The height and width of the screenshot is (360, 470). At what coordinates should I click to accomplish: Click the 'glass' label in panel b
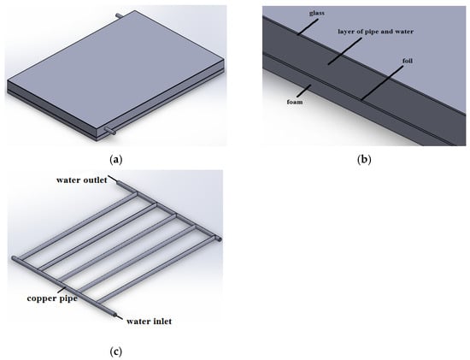(316, 13)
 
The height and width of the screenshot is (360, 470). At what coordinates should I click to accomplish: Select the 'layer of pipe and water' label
(376, 32)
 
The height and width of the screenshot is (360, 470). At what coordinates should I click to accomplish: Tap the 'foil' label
(408, 61)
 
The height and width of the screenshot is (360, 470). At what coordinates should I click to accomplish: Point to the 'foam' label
(295, 102)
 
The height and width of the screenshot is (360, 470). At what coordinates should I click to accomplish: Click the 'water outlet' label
(82, 180)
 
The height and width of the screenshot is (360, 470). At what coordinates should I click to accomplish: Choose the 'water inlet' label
(149, 322)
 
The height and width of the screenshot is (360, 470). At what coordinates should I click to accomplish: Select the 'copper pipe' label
(52, 298)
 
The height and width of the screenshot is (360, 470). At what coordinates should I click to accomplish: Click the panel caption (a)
(116, 159)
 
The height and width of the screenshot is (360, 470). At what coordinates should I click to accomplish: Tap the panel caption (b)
(364, 159)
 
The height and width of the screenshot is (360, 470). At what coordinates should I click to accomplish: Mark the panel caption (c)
(116, 351)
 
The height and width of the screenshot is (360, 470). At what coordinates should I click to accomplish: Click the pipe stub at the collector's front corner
(109, 131)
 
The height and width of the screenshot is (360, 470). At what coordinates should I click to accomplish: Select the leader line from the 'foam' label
(303, 91)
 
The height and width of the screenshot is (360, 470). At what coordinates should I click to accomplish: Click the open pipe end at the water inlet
(115, 315)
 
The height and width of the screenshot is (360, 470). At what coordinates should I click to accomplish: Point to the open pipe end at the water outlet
(118, 182)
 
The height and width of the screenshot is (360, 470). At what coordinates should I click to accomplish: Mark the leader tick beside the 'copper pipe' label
(63, 289)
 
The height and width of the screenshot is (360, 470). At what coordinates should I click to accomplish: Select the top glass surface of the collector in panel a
(115, 70)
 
